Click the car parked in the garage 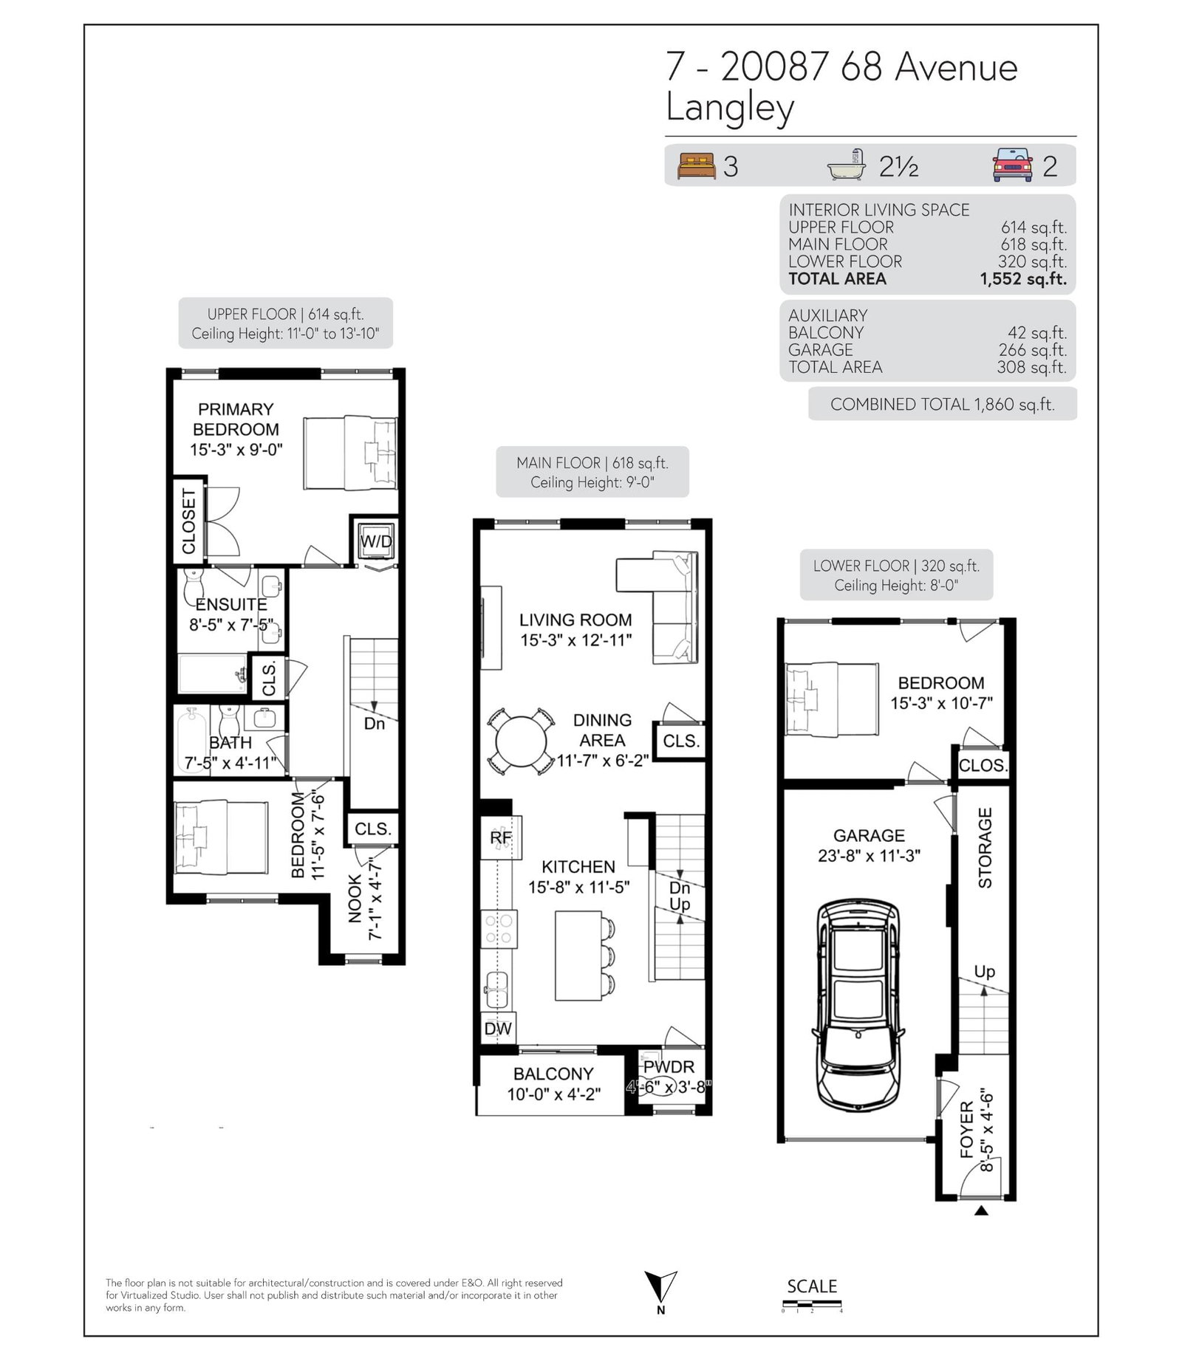(858, 1002)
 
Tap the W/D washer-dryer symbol (376, 542)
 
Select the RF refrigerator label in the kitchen (501, 837)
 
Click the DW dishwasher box (498, 1029)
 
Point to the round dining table (521, 741)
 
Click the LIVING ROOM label (575, 620)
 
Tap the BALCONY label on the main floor (553, 1074)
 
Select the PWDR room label (669, 1067)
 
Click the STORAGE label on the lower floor (985, 848)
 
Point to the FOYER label (967, 1130)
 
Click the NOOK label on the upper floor (355, 899)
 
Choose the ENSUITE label (231, 604)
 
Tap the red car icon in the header (1012, 165)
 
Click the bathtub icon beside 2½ (847, 165)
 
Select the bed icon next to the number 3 (697, 165)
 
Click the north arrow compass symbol (660, 1287)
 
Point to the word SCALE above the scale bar (812, 1286)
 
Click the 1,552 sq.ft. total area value (1023, 279)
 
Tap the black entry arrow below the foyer (981, 1210)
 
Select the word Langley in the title (730, 108)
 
